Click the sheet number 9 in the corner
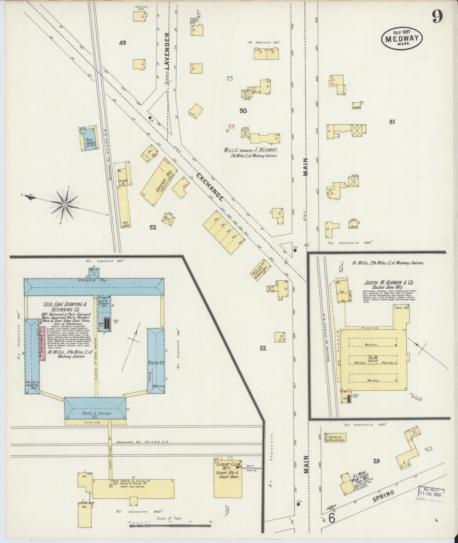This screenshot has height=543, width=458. pos(437,16)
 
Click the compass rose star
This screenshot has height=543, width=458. pos(65,205)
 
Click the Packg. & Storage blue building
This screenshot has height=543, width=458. pos(95,409)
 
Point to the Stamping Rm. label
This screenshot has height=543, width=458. pos(94,281)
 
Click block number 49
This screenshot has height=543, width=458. pos(122,43)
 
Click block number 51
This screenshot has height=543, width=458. pos(392,122)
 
